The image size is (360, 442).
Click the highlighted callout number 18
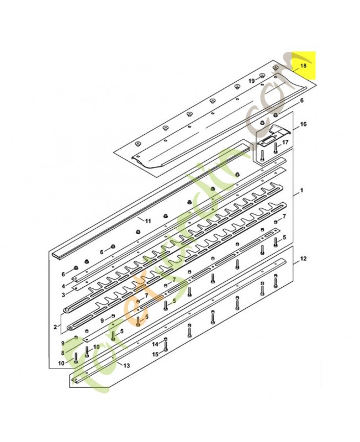302,66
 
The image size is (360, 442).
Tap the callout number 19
251,81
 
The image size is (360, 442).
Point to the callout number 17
285,142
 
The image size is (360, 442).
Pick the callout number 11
147,220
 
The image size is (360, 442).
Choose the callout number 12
303,258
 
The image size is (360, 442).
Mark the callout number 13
127,366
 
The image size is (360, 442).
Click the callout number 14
155,344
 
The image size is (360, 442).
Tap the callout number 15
155,354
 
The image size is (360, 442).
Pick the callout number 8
63,352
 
